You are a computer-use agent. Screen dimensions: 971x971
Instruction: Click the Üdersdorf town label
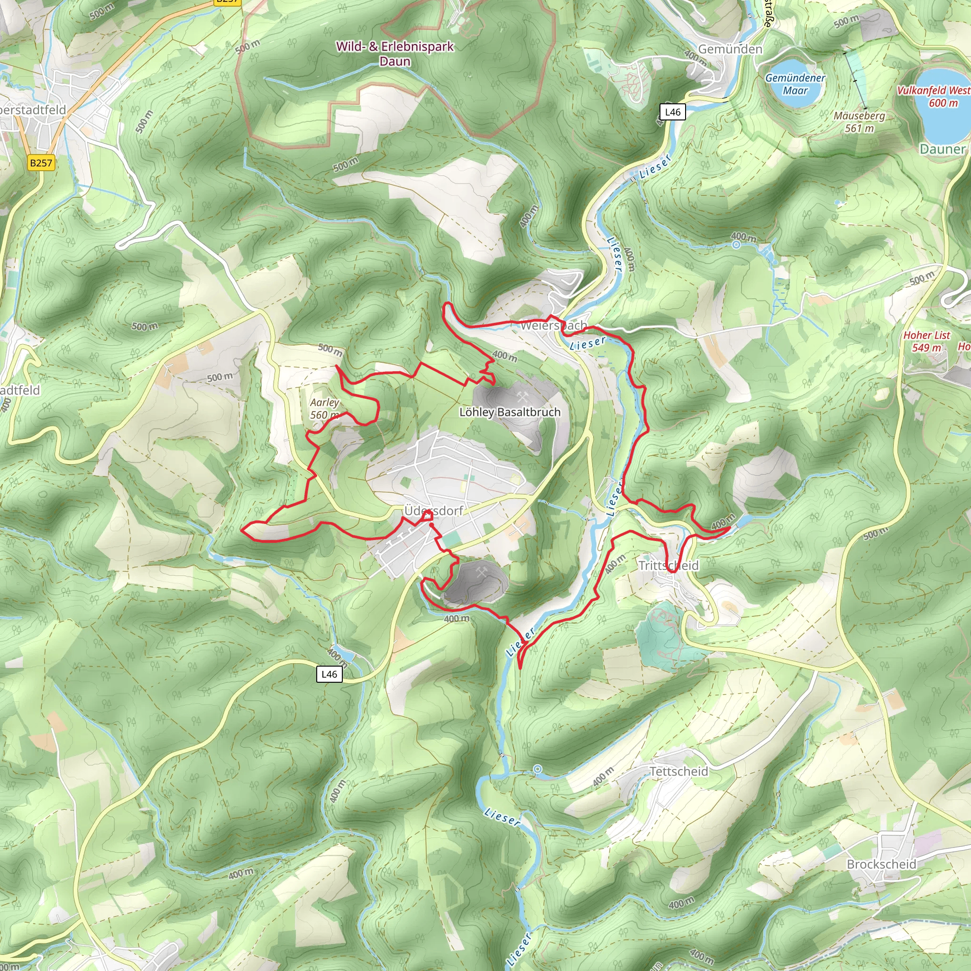tap(433, 511)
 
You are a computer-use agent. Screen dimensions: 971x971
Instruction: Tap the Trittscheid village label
tap(669, 566)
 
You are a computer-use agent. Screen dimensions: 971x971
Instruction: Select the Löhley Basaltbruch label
tap(510, 412)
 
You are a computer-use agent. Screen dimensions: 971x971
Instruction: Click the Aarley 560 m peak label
tap(324, 409)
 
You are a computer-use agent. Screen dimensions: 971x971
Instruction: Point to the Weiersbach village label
tap(553, 326)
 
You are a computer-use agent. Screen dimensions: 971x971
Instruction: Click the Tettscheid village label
tap(678, 771)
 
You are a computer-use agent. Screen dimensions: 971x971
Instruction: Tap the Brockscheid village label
tap(881, 864)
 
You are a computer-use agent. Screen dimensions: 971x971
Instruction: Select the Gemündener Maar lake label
tap(795, 84)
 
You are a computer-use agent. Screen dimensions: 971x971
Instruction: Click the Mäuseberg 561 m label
tap(859, 122)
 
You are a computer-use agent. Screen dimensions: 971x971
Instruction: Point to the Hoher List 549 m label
tap(926, 341)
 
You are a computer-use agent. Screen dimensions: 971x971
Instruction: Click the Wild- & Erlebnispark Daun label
tap(394, 53)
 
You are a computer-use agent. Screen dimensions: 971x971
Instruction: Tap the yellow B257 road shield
tap(41, 163)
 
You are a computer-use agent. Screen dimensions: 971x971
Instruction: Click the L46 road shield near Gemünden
tap(672, 112)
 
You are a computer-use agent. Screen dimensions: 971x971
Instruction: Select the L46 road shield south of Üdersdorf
tap(329, 674)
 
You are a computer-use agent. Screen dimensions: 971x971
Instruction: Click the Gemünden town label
tap(730, 49)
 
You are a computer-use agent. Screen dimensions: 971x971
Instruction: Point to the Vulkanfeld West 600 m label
tap(934, 96)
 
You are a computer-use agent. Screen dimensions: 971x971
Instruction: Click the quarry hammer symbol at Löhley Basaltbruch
tap(522, 396)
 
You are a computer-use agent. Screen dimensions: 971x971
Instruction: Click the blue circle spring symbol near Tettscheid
tap(538, 769)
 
